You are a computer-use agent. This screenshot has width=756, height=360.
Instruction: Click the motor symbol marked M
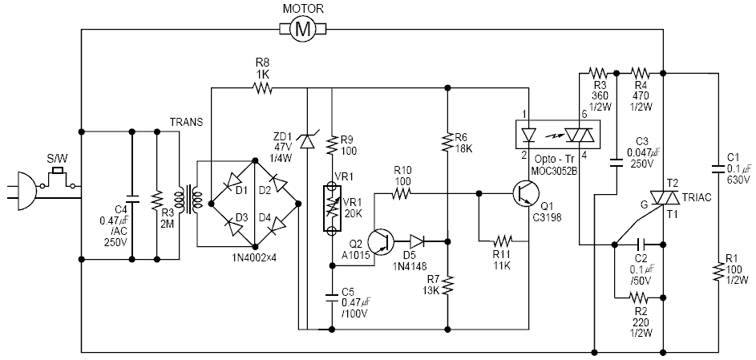[301, 30]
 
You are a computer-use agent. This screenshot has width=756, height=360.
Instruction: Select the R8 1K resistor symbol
[262, 87]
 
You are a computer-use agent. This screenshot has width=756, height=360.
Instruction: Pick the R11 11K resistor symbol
[503, 240]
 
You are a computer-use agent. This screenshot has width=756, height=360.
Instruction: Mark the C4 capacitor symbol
[131, 195]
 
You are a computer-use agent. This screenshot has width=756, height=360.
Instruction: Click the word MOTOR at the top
[303, 10]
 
